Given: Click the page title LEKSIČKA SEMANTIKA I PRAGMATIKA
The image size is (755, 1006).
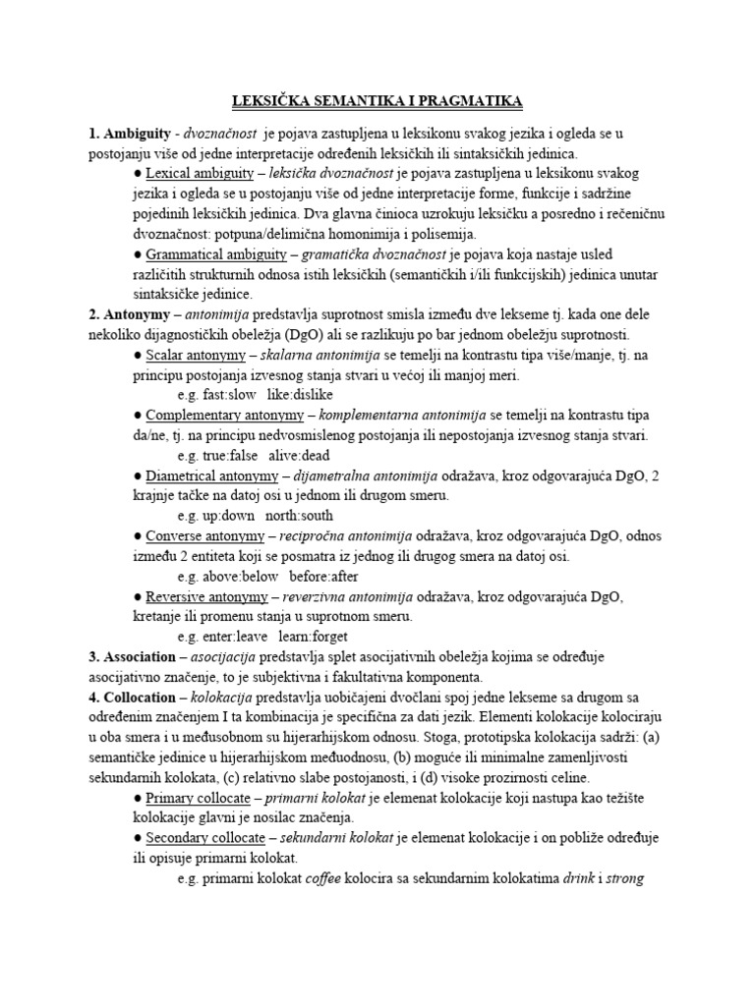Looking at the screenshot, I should pyautogui.click(x=377, y=101).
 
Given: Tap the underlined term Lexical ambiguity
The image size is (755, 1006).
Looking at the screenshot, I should pyautogui.click(x=200, y=174).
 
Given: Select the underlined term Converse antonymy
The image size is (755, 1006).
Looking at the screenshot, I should pyautogui.click(x=205, y=535).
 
